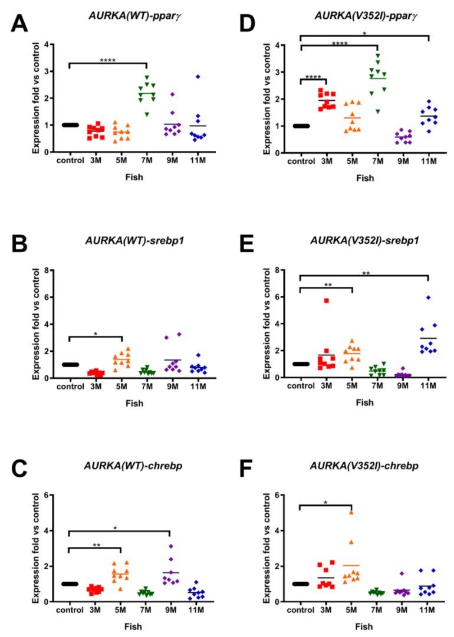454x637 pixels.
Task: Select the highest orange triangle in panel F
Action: pyautogui.click(x=351, y=512)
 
